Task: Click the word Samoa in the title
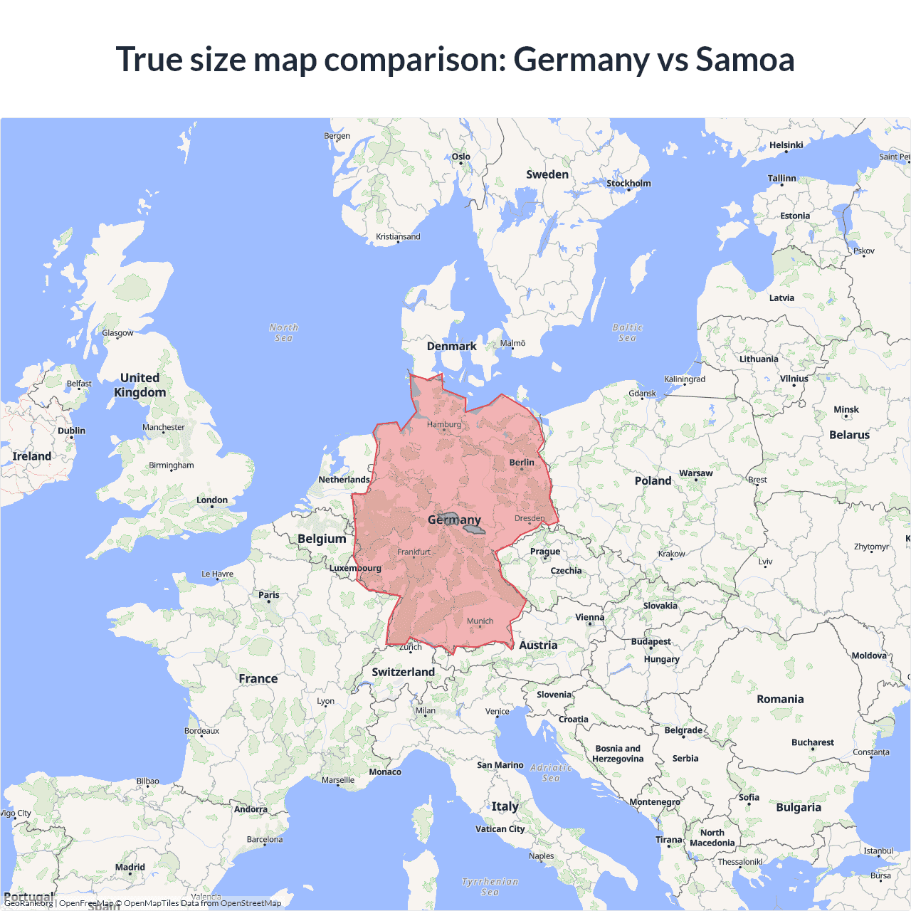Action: [x=744, y=59]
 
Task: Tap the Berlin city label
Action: [x=522, y=463]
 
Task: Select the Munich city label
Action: [x=480, y=621]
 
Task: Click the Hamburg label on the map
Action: [x=444, y=424]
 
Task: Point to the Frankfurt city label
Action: [x=414, y=552]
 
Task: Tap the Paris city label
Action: [x=269, y=595]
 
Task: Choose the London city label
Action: [x=212, y=500]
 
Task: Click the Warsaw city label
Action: [x=695, y=473]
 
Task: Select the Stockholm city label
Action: [x=628, y=184]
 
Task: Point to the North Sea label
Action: [x=283, y=332]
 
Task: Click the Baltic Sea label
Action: [x=627, y=332]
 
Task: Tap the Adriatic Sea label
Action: [x=551, y=772]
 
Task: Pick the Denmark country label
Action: [x=451, y=347]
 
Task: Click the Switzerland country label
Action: [x=403, y=672]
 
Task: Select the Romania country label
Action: [x=780, y=700]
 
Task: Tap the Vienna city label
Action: [x=589, y=618]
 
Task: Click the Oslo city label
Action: [x=460, y=157]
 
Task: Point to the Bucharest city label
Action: [x=812, y=742]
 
